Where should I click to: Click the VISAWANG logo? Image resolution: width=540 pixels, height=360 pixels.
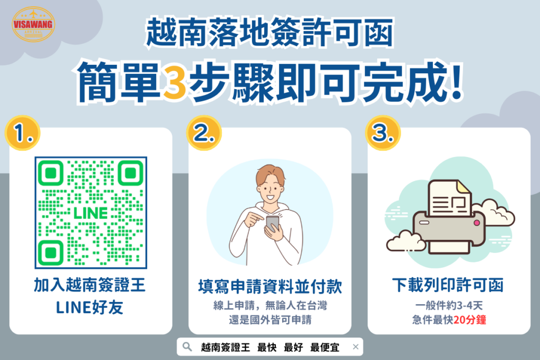click(33, 24)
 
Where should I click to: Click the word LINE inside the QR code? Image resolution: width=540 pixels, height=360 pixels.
click(91, 212)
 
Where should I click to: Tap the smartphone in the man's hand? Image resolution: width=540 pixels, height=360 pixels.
click(272, 223)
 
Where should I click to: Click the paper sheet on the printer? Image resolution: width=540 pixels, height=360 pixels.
click(449, 198)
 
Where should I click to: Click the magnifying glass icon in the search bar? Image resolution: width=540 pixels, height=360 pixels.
click(186, 347)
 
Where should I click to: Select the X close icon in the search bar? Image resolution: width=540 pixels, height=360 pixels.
click(355, 347)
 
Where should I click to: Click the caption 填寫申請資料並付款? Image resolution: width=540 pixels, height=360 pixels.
click(270, 287)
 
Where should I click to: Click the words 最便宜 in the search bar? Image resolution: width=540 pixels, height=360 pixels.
click(325, 347)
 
